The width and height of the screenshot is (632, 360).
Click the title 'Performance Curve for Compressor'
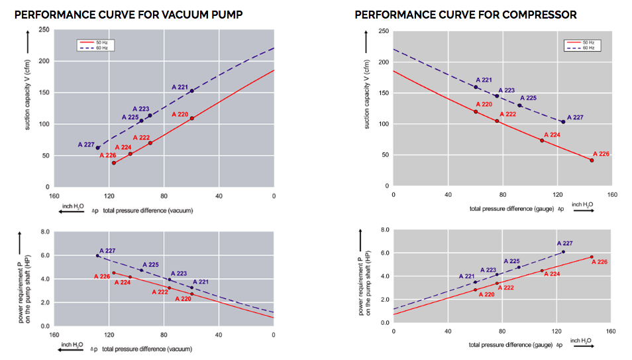click(465, 14)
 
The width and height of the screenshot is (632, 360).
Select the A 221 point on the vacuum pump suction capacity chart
click(191, 91)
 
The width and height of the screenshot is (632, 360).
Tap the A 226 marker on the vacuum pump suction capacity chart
click(114, 163)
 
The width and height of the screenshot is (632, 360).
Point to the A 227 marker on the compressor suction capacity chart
click(563, 122)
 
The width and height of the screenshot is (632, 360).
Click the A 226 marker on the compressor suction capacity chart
click(592, 160)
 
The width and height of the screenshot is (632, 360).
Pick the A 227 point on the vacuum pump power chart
click(97, 255)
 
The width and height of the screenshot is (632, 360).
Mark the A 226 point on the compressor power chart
click(591, 257)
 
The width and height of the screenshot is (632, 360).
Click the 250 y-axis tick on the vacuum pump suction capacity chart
click(44, 30)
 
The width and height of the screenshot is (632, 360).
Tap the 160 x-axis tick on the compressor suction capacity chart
click(611, 194)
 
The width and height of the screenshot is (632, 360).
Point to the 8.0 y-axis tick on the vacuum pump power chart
click(45, 232)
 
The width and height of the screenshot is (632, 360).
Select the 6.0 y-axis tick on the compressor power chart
click(384, 253)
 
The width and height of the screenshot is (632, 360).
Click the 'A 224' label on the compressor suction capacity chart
click(551, 135)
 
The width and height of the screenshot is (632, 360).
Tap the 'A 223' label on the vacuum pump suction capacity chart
click(140, 109)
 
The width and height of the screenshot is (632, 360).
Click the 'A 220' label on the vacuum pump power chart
click(183, 299)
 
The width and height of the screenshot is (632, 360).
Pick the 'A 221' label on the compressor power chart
click(466, 276)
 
